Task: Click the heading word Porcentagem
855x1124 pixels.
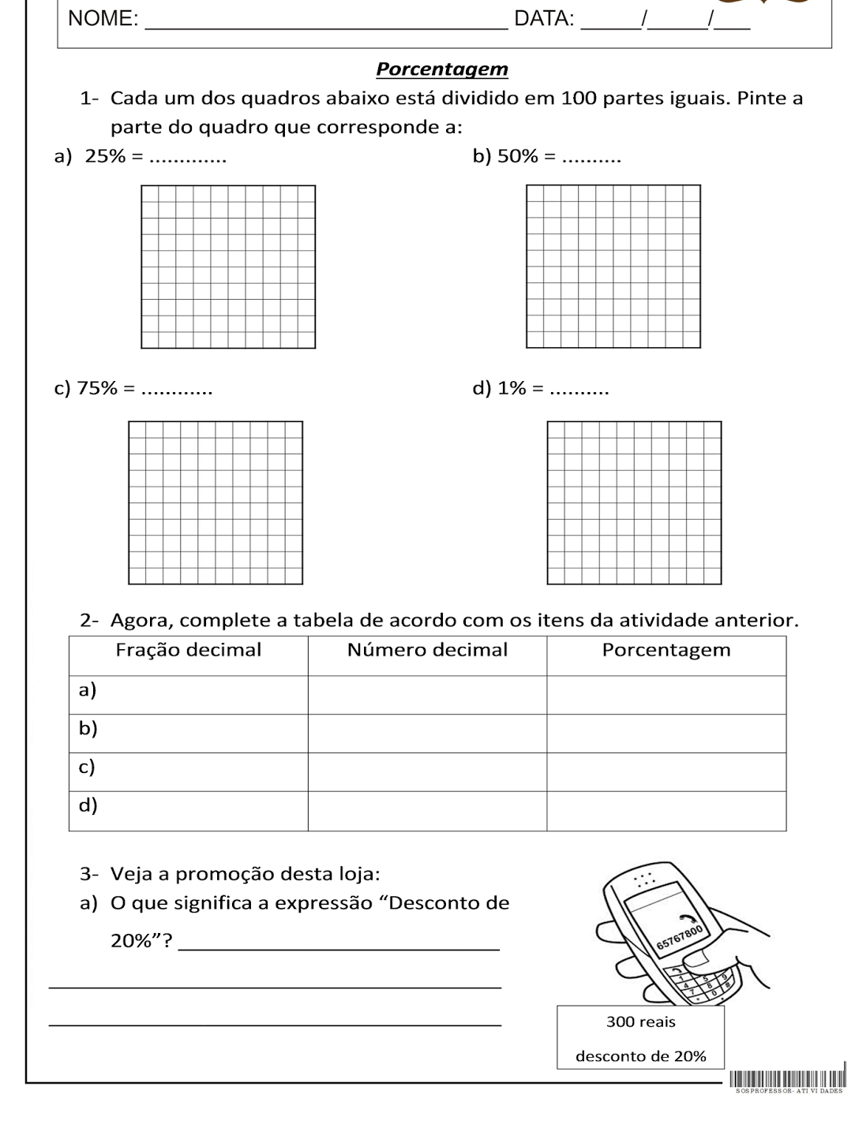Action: [x=442, y=69]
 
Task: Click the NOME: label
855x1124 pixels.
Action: [x=103, y=19]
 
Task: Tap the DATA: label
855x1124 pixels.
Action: [x=544, y=19]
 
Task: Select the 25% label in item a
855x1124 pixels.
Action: [x=105, y=156]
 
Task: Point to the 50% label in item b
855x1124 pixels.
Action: [x=517, y=156]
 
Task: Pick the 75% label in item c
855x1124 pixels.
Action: [x=96, y=388]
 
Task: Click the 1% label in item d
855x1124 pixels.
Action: [x=512, y=388]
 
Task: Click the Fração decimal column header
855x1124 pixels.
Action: [x=188, y=650]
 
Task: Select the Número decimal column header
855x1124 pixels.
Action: [x=427, y=650]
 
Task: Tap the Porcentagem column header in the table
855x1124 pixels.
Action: [x=666, y=650]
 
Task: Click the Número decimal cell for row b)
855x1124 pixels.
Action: [x=427, y=734]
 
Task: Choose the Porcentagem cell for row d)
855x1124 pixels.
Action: [x=666, y=811]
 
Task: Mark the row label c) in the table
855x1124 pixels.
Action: [x=87, y=767]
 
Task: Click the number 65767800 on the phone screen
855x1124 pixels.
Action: [x=679, y=937]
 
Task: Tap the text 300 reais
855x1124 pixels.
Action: [x=640, y=1022]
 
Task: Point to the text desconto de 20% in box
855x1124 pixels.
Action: [x=640, y=1056]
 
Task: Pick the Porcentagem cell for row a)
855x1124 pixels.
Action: [x=666, y=695]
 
